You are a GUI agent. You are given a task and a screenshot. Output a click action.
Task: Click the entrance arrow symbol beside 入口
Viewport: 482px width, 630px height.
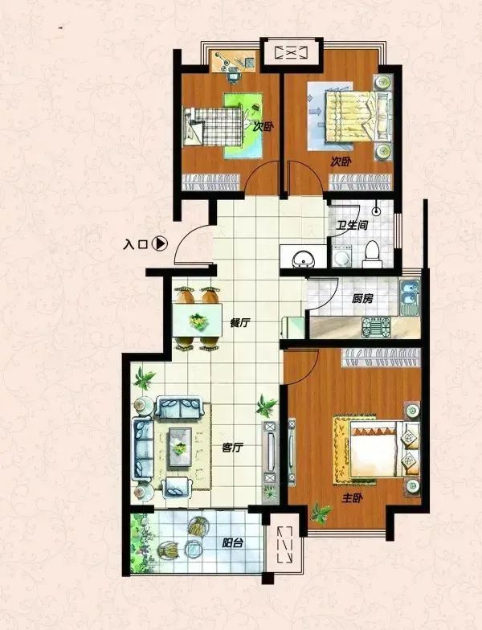(x=160, y=243)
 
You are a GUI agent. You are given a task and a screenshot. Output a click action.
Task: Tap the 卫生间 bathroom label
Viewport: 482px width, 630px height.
(x=352, y=225)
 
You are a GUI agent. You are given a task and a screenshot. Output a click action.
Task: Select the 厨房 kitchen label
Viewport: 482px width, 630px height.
(x=362, y=299)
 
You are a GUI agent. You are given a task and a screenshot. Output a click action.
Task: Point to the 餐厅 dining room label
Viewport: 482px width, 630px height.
(x=240, y=323)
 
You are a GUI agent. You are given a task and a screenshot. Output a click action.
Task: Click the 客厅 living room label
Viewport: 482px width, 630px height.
(x=233, y=447)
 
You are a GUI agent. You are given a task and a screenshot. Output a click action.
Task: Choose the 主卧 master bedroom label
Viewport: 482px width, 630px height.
(x=352, y=498)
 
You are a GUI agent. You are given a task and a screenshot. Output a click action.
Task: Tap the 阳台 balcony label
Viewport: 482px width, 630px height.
(x=233, y=543)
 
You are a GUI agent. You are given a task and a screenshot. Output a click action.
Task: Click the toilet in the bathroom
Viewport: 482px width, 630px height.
(x=372, y=254)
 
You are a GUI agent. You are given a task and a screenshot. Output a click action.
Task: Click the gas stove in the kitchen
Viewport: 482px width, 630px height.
(x=376, y=327)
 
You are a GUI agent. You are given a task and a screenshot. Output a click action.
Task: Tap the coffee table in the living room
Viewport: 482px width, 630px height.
(x=180, y=447)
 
